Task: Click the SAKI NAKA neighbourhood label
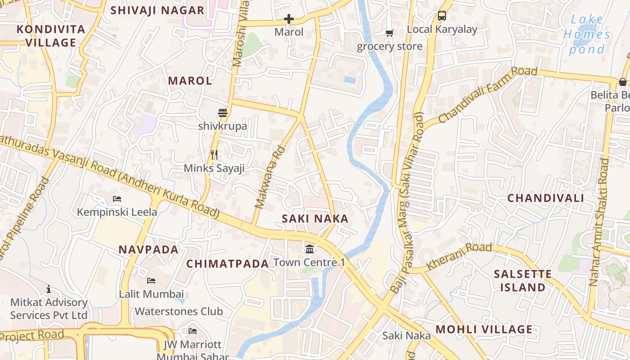pyautogui.click(x=315, y=219)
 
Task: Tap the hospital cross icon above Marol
pyautogui.click(x=289, y=19)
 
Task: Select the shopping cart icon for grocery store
pyautogui.click(x=389, y=33)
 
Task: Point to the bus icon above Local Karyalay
pyautogui.click(x=442, y=16)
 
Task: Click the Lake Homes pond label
pyautogui.click(x=587, y=34)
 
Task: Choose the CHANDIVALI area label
pyautogui.click(x=545, y=198)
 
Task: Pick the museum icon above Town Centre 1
pyautogui.click(x=309, y=249)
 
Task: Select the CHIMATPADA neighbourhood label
pyautogui.click(x=228, y=264)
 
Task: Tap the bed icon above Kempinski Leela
pyautogui.click(x=117, y=198)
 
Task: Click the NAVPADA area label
pyautogui.click(x=148, y=250)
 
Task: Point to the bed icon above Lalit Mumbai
pyautogui.click(x=151, y=281)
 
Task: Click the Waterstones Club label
pyautogui.click(x=179, y=311)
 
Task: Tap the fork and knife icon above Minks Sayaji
pyautogui.click(x=214, y=155)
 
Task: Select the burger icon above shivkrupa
pyautogui.click(x=223, y=112)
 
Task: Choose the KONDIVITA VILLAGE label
pyautogui.click(x=51, y=36)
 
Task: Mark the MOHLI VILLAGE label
pyautogui.click(x=484, y=329)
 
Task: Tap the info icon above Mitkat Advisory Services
pyautogui.click(x=49, y=289)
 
